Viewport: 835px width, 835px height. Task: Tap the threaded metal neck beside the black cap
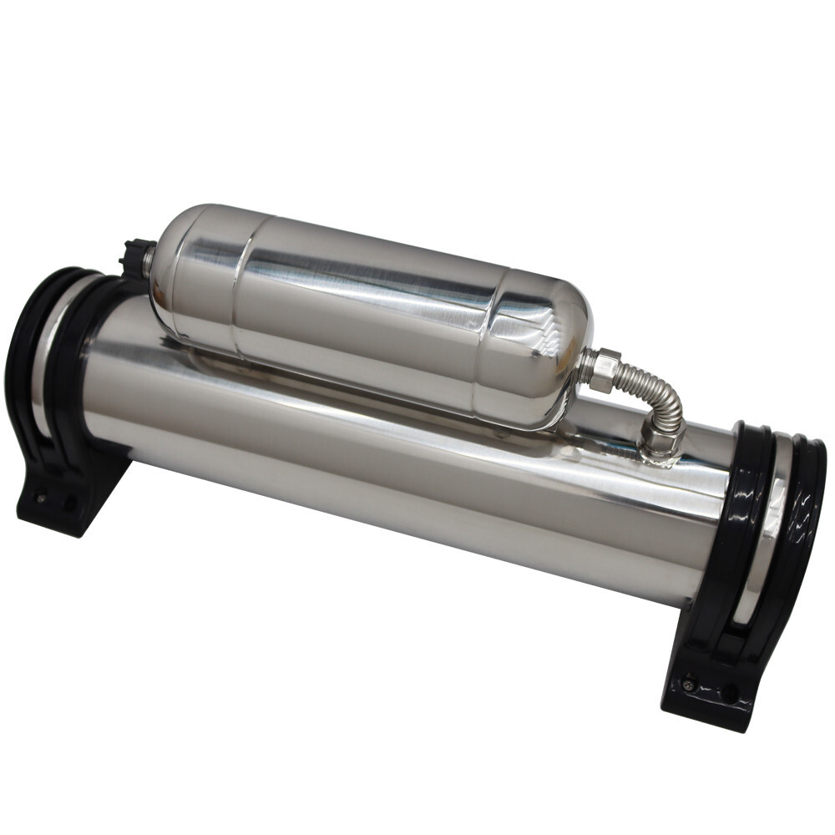pos(148,261)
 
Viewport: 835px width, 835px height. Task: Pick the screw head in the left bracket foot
pos(39,498)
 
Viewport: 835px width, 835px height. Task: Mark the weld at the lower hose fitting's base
pos(660,455)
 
